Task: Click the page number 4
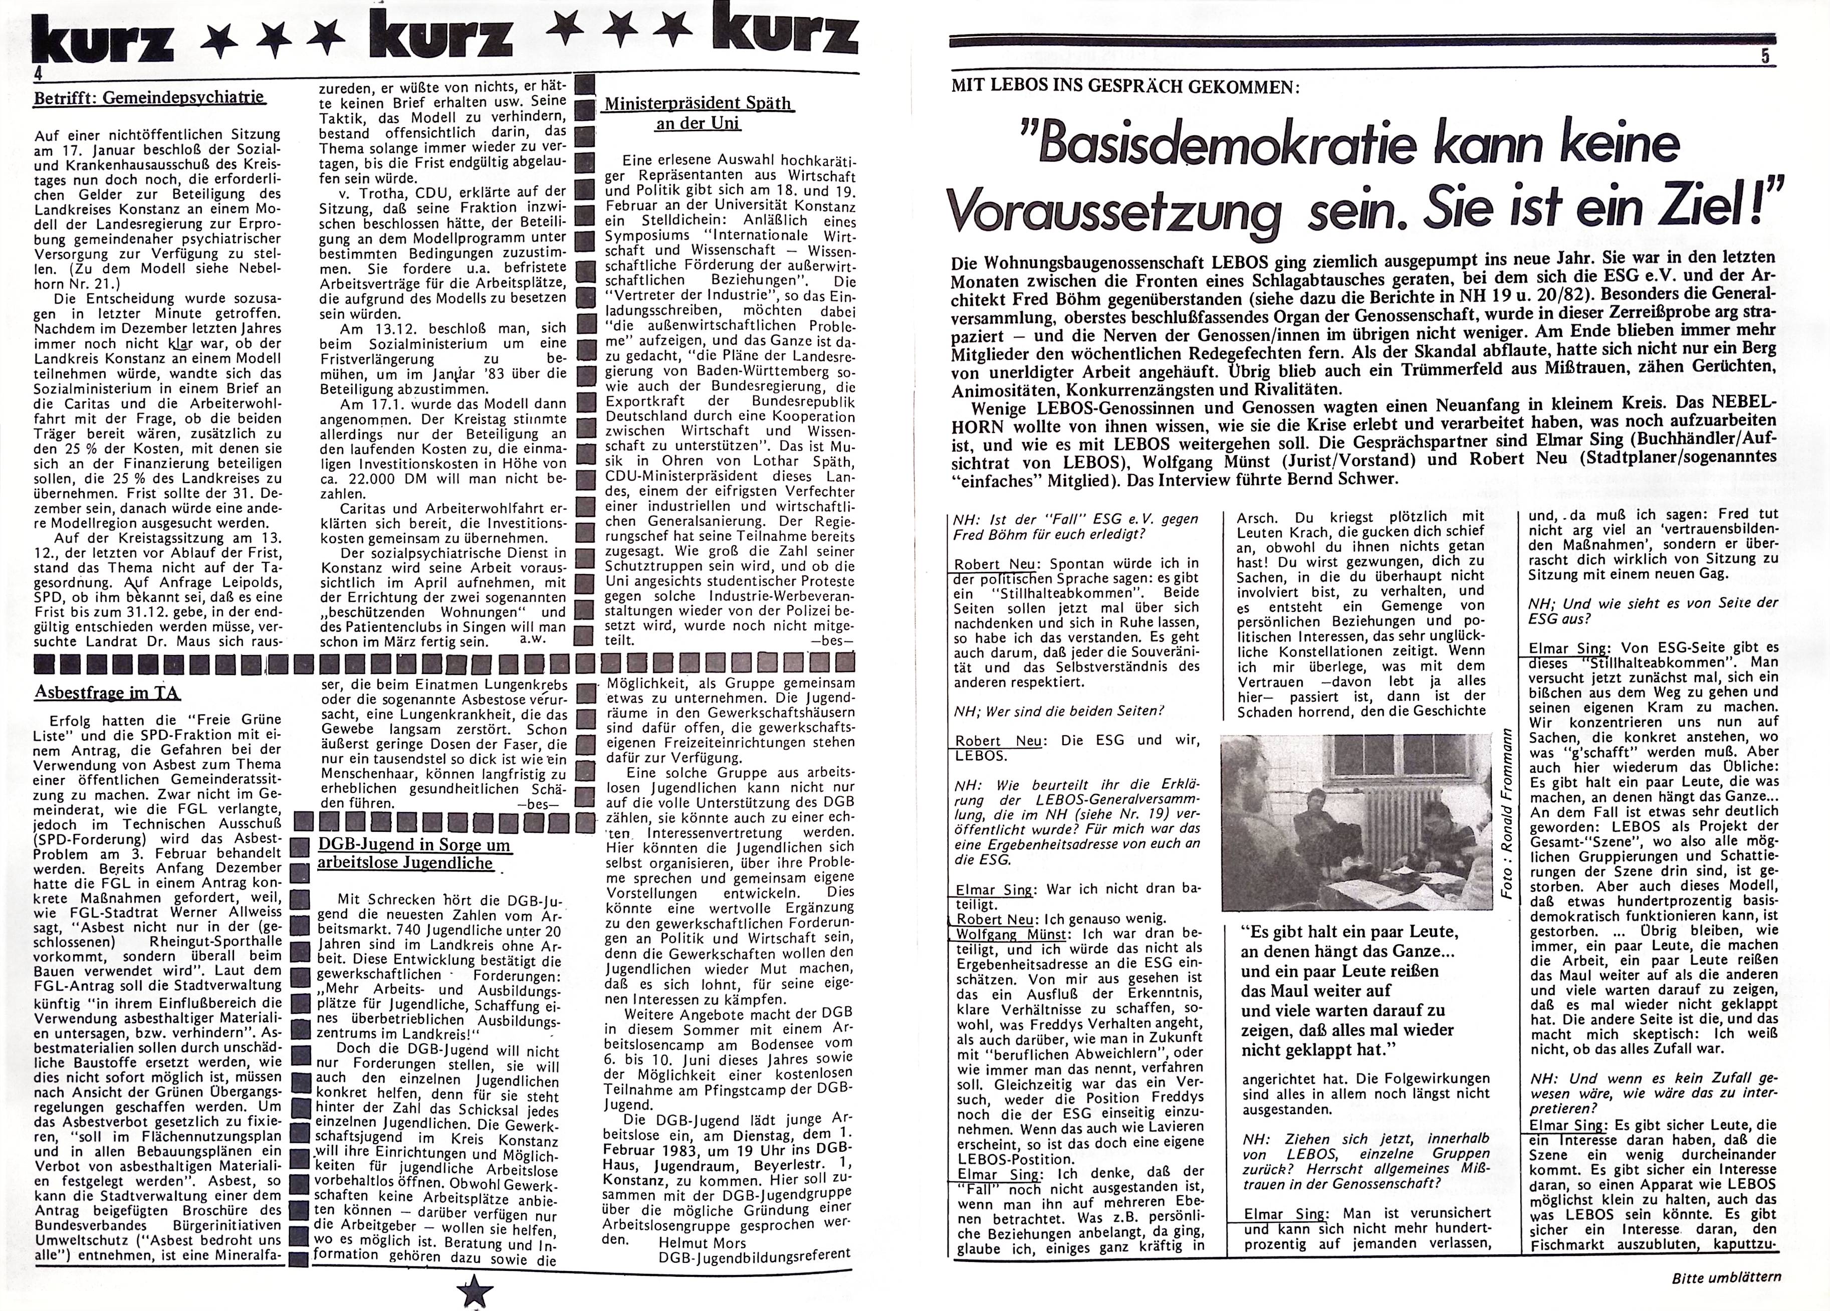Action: (x=38, y=73)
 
